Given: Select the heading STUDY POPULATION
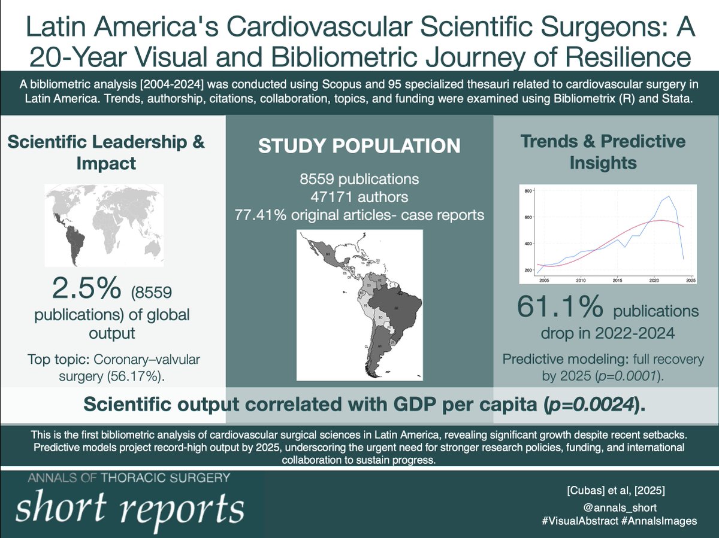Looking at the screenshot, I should (359, 145).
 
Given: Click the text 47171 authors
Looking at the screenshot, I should (359, 196).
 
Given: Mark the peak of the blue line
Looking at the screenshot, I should (668, 196).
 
